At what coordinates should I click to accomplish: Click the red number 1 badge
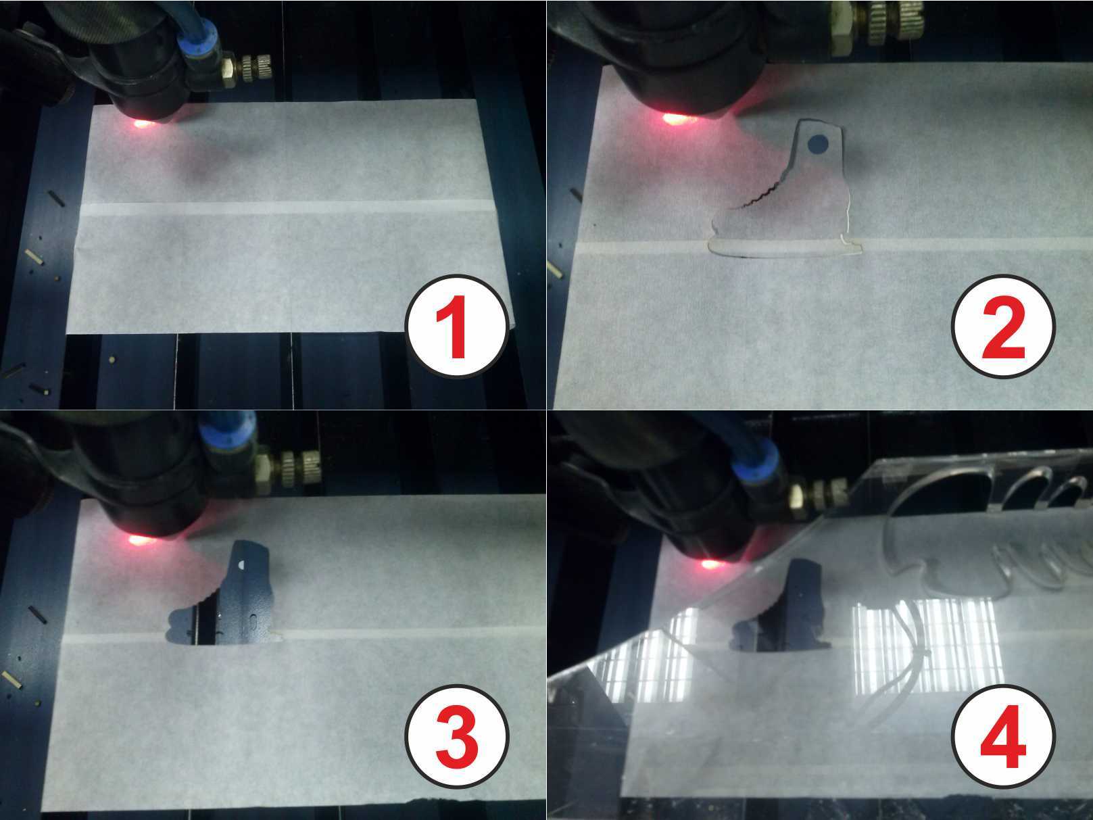[x=457, y=326]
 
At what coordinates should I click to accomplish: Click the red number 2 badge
[x=1003, y=326]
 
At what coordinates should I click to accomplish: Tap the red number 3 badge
[x=457, y=736]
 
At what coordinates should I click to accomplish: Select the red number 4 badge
[x=1003, y=736]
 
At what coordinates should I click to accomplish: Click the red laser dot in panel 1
[x=142, y=123]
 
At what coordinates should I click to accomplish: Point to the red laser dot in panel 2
[x=675, y=118]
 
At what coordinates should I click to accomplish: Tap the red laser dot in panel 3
[x=141, y=539]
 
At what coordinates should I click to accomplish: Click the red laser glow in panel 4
[x=711, y=564]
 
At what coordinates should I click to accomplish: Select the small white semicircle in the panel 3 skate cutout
[x=243, y=564]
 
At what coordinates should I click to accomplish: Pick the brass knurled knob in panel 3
[x=299, y=469]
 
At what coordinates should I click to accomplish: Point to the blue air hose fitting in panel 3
[x=228, y=435]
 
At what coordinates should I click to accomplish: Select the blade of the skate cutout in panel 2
[x=784, y=247]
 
